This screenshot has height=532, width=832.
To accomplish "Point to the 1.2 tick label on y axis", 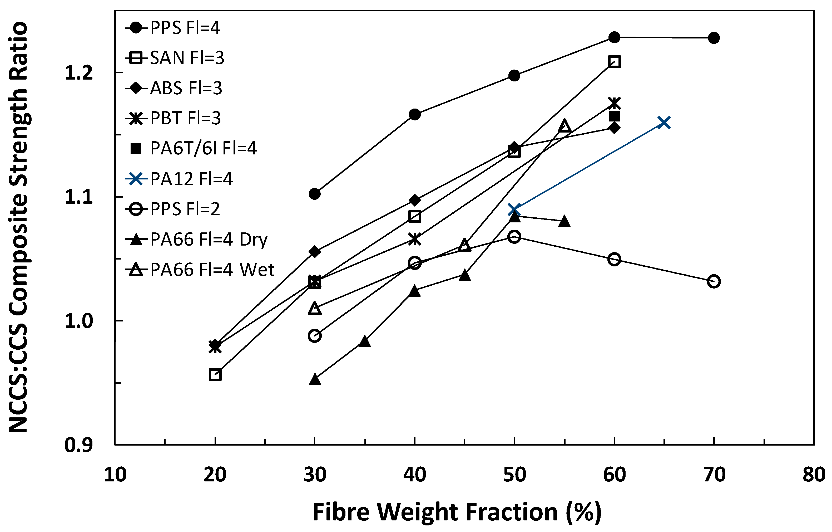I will [79, 73].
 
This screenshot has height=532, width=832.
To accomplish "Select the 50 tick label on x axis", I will [514, 475].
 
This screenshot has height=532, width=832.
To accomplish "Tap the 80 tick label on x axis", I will [814, 475].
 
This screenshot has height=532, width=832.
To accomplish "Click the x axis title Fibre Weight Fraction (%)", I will [457, 512].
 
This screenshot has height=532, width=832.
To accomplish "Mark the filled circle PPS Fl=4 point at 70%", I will [714, 38].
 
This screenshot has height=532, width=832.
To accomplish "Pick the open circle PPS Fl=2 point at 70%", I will [714, 281].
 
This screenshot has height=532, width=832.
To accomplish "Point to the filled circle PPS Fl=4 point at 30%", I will [314, 194].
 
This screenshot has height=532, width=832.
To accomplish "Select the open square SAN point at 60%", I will [614, 62].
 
